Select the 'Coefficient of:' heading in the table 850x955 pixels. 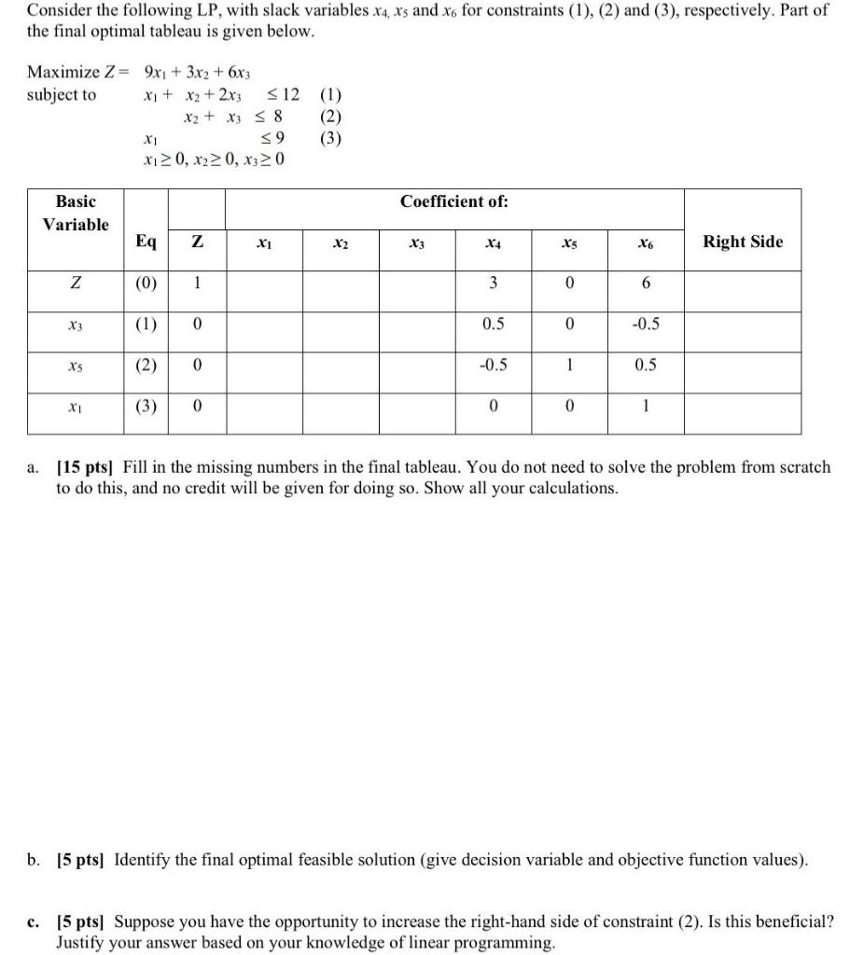coord(454,202)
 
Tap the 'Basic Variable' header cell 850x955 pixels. coord(75,213)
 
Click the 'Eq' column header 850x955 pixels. coord(146,242)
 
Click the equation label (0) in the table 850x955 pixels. coord(146,282)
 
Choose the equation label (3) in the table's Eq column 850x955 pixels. coord(146,406)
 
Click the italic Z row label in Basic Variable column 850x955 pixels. coord(75,282)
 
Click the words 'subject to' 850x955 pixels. coord(62,95)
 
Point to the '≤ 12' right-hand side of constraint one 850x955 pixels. coord(283,95)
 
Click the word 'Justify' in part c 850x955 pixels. coord(83,942)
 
